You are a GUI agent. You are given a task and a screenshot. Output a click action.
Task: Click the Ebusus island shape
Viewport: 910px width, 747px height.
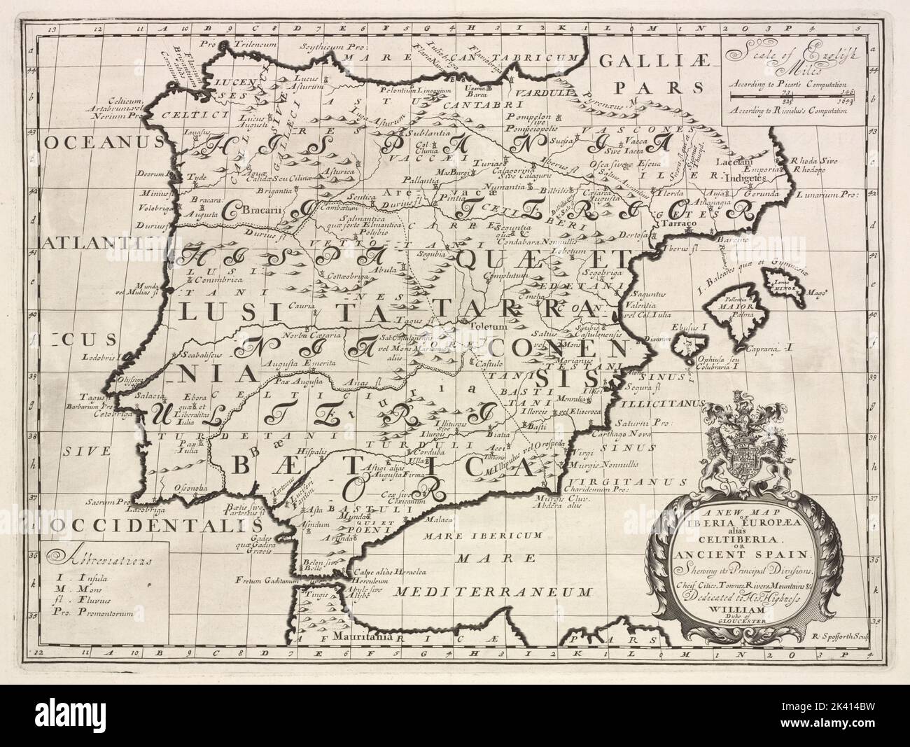[x=684, y=345]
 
